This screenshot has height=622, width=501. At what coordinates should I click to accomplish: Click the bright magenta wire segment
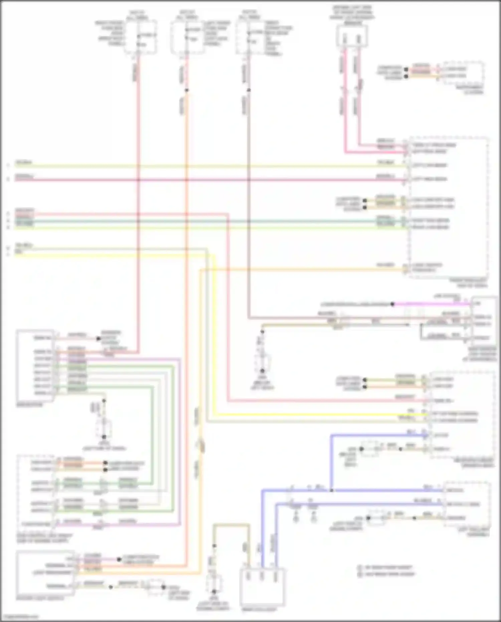(x=431, y=304)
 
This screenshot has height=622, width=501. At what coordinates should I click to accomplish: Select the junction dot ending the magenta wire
(x=393, y=304)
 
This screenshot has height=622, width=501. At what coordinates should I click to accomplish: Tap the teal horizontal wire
(x=200, y=221)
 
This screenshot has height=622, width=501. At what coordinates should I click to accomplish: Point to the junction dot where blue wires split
(x=331, y=490)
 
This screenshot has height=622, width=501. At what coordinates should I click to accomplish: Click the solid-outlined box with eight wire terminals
(x=35, y=366)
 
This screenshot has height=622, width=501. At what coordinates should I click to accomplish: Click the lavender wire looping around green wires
(x=180, y=434)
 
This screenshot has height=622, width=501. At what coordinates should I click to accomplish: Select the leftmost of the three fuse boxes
(x=140, y=37)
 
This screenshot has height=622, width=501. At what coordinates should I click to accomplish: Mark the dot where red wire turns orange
(x=187, y=90)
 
